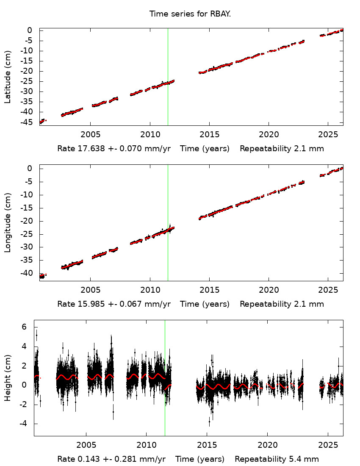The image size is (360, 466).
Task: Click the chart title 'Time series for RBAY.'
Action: pyautogui.click(x=190, y=14)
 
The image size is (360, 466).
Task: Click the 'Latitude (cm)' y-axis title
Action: pyautogui.click(x=8, y=77)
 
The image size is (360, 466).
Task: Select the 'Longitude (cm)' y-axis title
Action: pyautogui.click(x=8, y=223)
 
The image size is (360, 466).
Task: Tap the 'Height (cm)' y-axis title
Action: pyautogui.click(x=8, y=378)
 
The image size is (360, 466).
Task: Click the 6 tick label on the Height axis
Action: pyautogui.click(x=24, y=327)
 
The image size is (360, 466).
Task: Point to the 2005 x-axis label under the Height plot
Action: pyautogui.click(x=86, y=445)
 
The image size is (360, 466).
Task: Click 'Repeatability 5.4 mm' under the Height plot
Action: pyautogui.click(x=277, y=459)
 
